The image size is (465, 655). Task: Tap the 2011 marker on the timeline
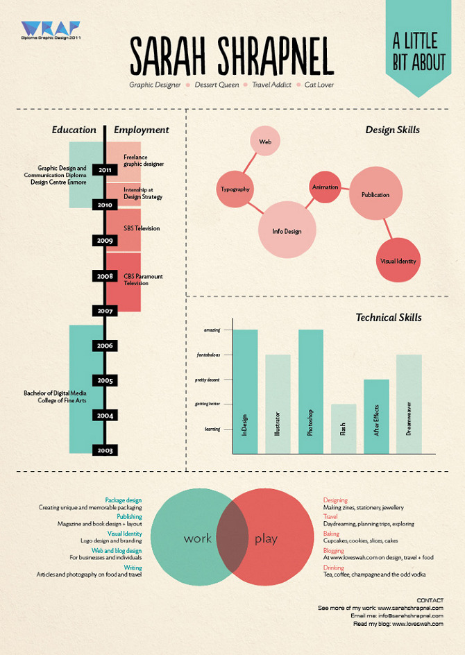(105, 169)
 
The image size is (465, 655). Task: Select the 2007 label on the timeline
(105, 311)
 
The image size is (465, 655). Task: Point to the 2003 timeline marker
(105, 450)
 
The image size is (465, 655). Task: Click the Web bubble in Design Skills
(264, 142)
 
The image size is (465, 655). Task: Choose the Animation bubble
(325, 187)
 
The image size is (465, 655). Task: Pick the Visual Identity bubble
(398, 261)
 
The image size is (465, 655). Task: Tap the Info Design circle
(287, 230)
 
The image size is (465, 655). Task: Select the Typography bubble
(235, 189)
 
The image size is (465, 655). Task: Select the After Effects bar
(376, 416)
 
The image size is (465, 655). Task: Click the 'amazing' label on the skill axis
(212, 330)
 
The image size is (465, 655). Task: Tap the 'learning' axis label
(212, 429)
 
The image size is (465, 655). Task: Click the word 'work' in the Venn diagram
(197, 538)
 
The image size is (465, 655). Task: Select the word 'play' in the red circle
(266, 538)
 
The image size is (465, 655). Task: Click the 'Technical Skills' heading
(388, 318)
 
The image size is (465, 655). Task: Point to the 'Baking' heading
(332, 534)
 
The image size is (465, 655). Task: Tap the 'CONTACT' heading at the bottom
(430, 599)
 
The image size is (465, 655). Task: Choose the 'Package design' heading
(123, 500)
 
